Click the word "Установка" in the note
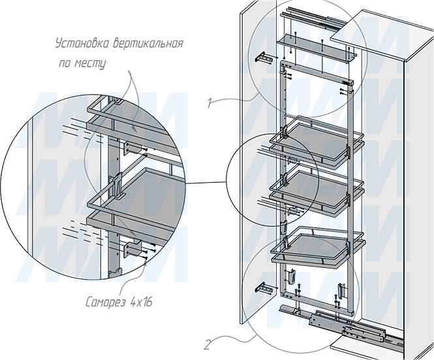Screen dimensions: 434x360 pos(82,44)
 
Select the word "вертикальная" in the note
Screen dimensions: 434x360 pos(147,44)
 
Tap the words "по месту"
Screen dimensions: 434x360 pos(82,63)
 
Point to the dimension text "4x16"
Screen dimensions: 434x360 pos(141,302)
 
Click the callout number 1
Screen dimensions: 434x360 pos(210,103)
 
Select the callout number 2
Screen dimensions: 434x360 pos(207,345)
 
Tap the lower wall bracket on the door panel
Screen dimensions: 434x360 pos(264,288)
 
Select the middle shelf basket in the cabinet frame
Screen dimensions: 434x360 pos(317,191)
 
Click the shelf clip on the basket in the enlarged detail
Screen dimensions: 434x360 pos(117,185)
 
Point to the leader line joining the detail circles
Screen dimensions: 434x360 pos(206,183)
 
